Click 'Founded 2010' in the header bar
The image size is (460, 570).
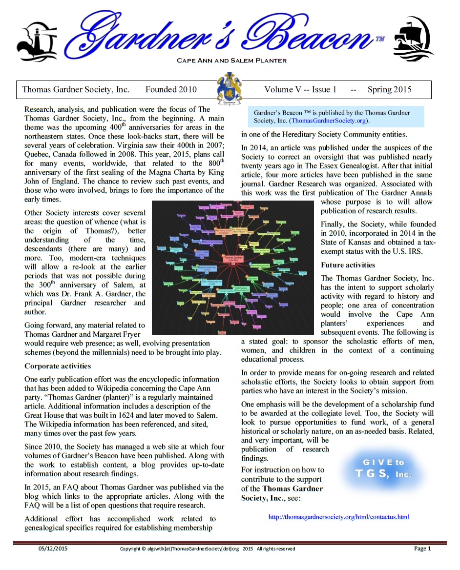point(171,89)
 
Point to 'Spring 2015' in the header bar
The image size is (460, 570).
point(389,89)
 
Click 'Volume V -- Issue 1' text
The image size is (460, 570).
point(300,89)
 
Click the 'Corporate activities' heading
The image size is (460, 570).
point(58,366)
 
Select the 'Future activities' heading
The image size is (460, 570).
point(348,265)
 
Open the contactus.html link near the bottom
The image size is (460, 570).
point(339,517)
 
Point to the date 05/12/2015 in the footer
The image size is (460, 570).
point(53,549)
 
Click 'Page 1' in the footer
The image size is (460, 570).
point(422,549)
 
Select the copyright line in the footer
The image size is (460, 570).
point(208,549)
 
